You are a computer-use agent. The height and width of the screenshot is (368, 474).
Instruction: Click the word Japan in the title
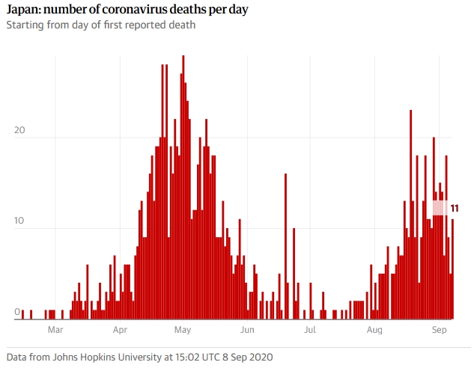(x=22, y=10)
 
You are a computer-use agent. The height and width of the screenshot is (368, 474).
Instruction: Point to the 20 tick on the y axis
(x=20, y=131)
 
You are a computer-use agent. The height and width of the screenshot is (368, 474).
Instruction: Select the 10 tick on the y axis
(x=20, y=222)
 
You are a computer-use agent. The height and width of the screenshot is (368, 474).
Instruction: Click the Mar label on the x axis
(x=55, y=329)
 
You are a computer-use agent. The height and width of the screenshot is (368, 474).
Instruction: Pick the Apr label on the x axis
(x=120, y=329)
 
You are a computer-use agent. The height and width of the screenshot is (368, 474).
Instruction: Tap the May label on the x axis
(x=183, y=329)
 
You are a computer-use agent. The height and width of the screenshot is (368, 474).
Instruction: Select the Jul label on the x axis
(x=309, y=329)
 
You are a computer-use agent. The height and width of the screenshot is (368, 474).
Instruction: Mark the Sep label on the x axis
(x=440, y=329)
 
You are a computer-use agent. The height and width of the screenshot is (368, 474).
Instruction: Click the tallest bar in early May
(x=183, y=187)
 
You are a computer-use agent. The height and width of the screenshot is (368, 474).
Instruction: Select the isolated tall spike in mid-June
(x=285, y=247)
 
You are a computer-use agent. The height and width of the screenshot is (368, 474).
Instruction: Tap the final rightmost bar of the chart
(x=452, y=269)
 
